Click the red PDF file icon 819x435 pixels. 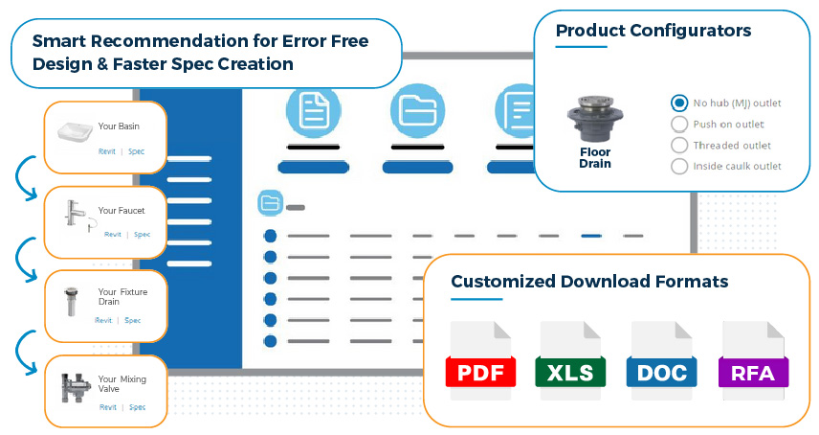click(480, 361)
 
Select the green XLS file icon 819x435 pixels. click(570, 361)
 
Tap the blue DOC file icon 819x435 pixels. click(661, 361)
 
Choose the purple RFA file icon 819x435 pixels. click(753, 361)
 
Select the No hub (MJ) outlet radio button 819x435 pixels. click(679, 103)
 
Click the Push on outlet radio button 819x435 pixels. click(679, 125)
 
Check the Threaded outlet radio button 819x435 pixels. click(679, 146)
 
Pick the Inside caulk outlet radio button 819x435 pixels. click(679, 167)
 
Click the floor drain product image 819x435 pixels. click(595, 118)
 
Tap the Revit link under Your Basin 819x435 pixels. click(107, 151)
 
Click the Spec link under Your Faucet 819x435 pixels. click(142, 235)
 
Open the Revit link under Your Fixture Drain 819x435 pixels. click(103, 320)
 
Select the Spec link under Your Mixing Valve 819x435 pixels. click(138, 407)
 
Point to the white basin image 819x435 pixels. click(76, 132)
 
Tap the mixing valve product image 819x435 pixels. click(75, 387)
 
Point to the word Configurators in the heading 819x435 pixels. click(691, 31)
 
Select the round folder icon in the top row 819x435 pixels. click(417, 111)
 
